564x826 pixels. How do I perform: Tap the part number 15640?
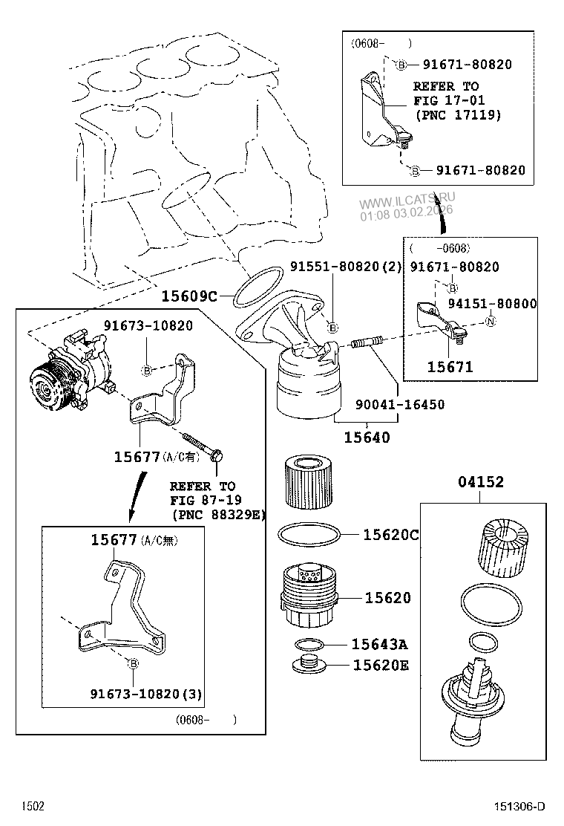(x=367, y=438)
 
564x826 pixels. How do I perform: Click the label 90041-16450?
(x=399, y=405)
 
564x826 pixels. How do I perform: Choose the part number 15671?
(x=450, y=367)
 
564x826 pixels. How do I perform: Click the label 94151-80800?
(x=492, y=304)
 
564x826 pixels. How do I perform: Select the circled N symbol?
(x=490, y=322)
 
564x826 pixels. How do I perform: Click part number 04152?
(x=480, y=482)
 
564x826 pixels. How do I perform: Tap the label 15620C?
(x=390, y=535)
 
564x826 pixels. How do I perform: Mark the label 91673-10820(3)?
(x=146, y=694)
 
